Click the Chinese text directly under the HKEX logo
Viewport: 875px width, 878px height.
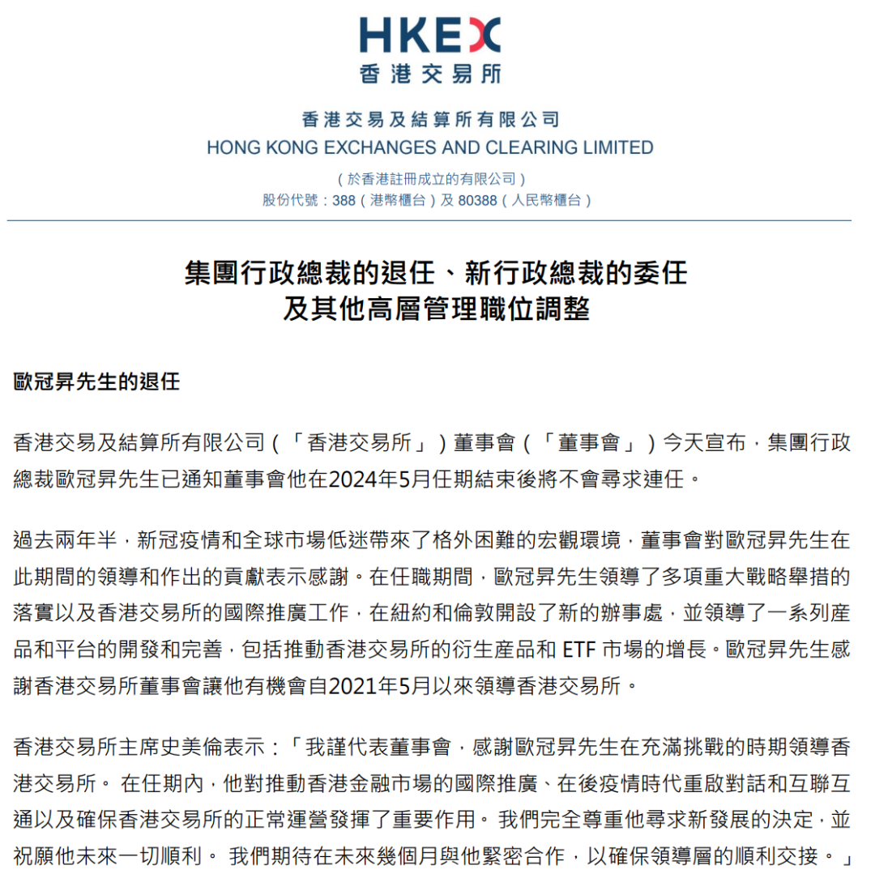click(429, 75)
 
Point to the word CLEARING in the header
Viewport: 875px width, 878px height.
click(535, 147)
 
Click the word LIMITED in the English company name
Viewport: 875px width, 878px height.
click(620, 147)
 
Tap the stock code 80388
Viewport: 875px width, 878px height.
click(477, 200)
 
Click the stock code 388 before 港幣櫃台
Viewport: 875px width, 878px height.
click(344, 200)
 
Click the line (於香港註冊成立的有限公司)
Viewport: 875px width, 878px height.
click(430, 178)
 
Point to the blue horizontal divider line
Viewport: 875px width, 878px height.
click(429, 220)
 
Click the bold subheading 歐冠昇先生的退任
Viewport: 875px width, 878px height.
click(96, 382)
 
